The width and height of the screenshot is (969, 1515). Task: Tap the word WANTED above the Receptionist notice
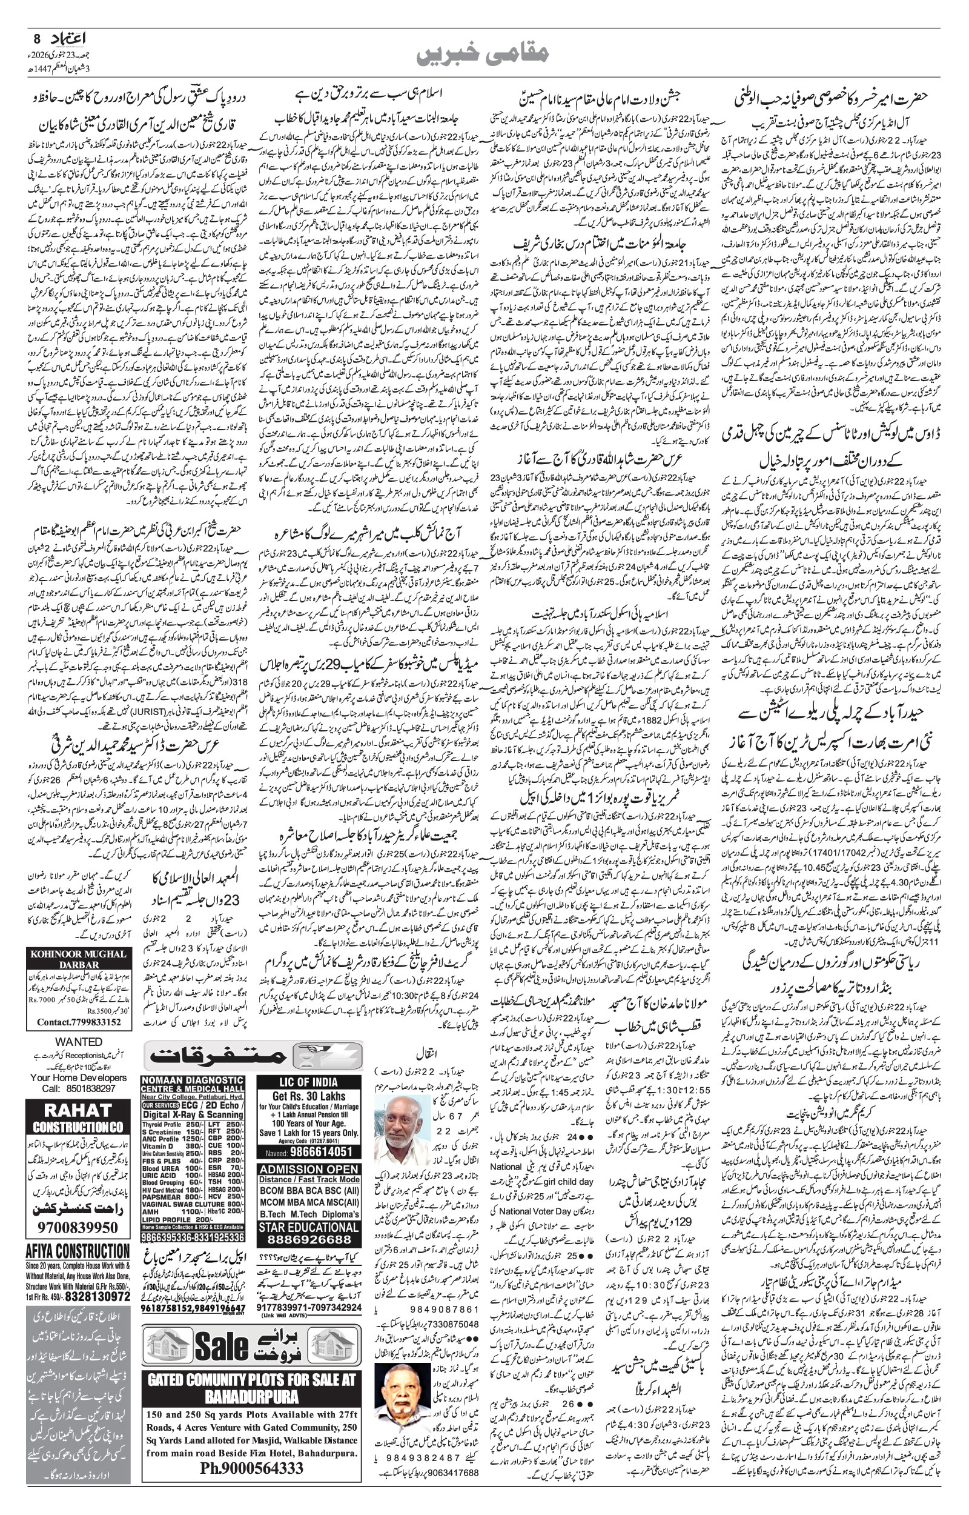(78, 1042)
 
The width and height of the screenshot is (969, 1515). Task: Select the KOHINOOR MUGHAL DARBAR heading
(79, 959)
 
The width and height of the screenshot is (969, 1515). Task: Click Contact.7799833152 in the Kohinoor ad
(79, 1022)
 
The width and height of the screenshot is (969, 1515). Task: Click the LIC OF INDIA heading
(309, 1081)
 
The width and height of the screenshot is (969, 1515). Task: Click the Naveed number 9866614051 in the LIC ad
(321, 1151)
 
